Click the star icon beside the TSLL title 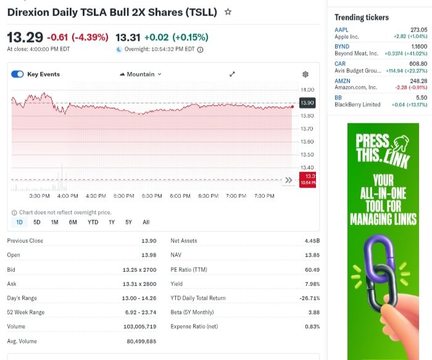coord(228,12)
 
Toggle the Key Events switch coord(17,75)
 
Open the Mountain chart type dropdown coord(140,75)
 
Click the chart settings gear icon coord(305,75)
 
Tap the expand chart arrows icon coord(232,75)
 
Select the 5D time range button coord(37,222)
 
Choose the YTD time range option coord(93,222)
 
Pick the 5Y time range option coord(128,222)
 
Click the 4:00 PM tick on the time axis coord(67,196)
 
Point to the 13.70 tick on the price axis coord(307,128)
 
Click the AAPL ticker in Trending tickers coord(341,30)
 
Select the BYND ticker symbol coord(342,47)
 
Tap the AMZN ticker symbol coord(343,81)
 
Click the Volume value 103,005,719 coord(139,326)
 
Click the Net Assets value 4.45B coord(312,240)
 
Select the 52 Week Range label coord(26,312)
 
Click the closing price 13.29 coord(25,37)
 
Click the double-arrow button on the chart coord(288,180)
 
